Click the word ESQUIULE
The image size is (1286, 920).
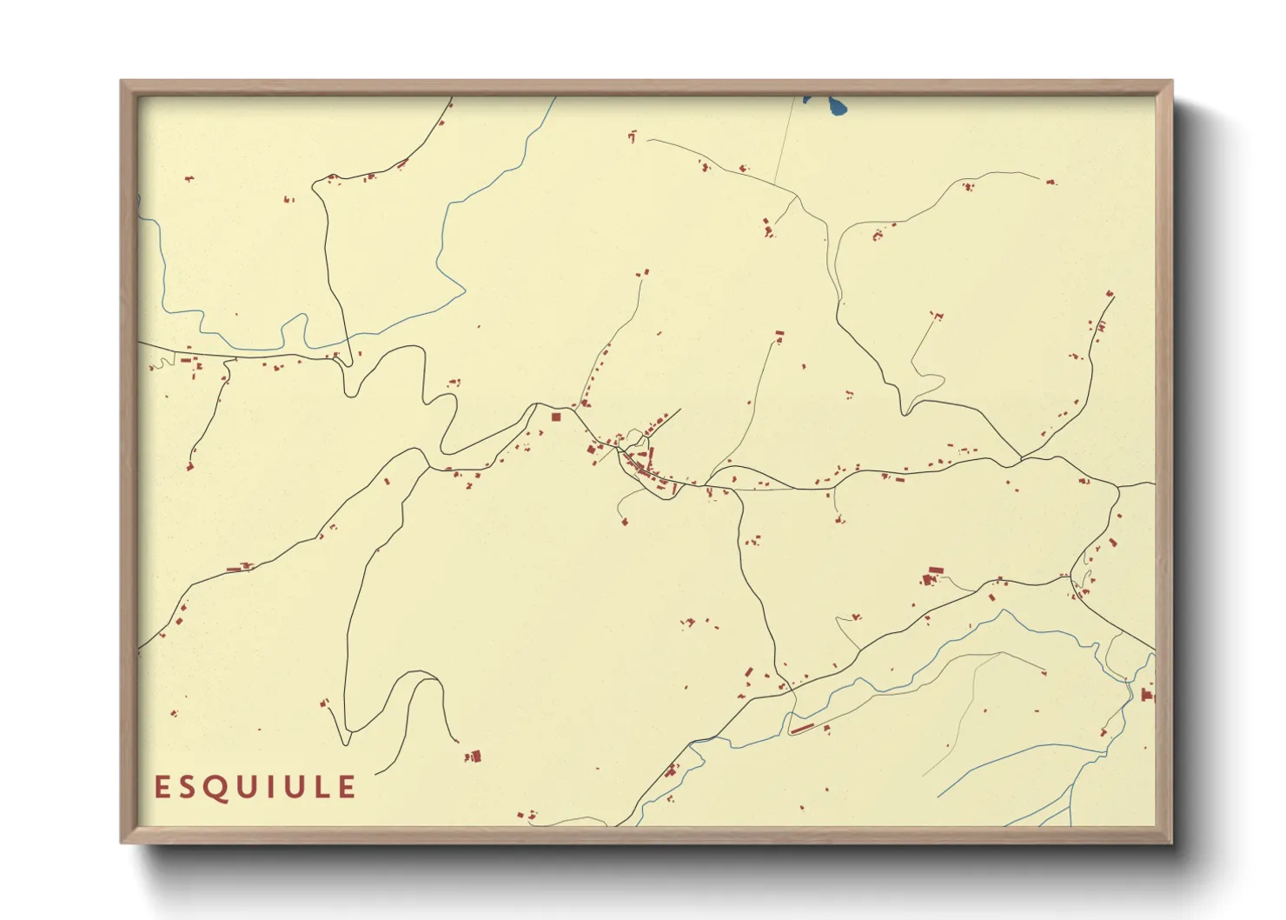[255, 787]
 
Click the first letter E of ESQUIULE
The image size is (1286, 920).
[162, 787]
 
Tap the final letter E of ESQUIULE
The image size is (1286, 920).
[347, 787]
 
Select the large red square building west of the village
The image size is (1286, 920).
[556, 417]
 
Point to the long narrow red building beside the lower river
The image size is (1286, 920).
[802, 729]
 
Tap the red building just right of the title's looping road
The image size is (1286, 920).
[474, 757]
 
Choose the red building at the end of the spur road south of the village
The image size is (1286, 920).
[624, 522]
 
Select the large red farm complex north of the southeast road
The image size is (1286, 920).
[932, 575]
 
